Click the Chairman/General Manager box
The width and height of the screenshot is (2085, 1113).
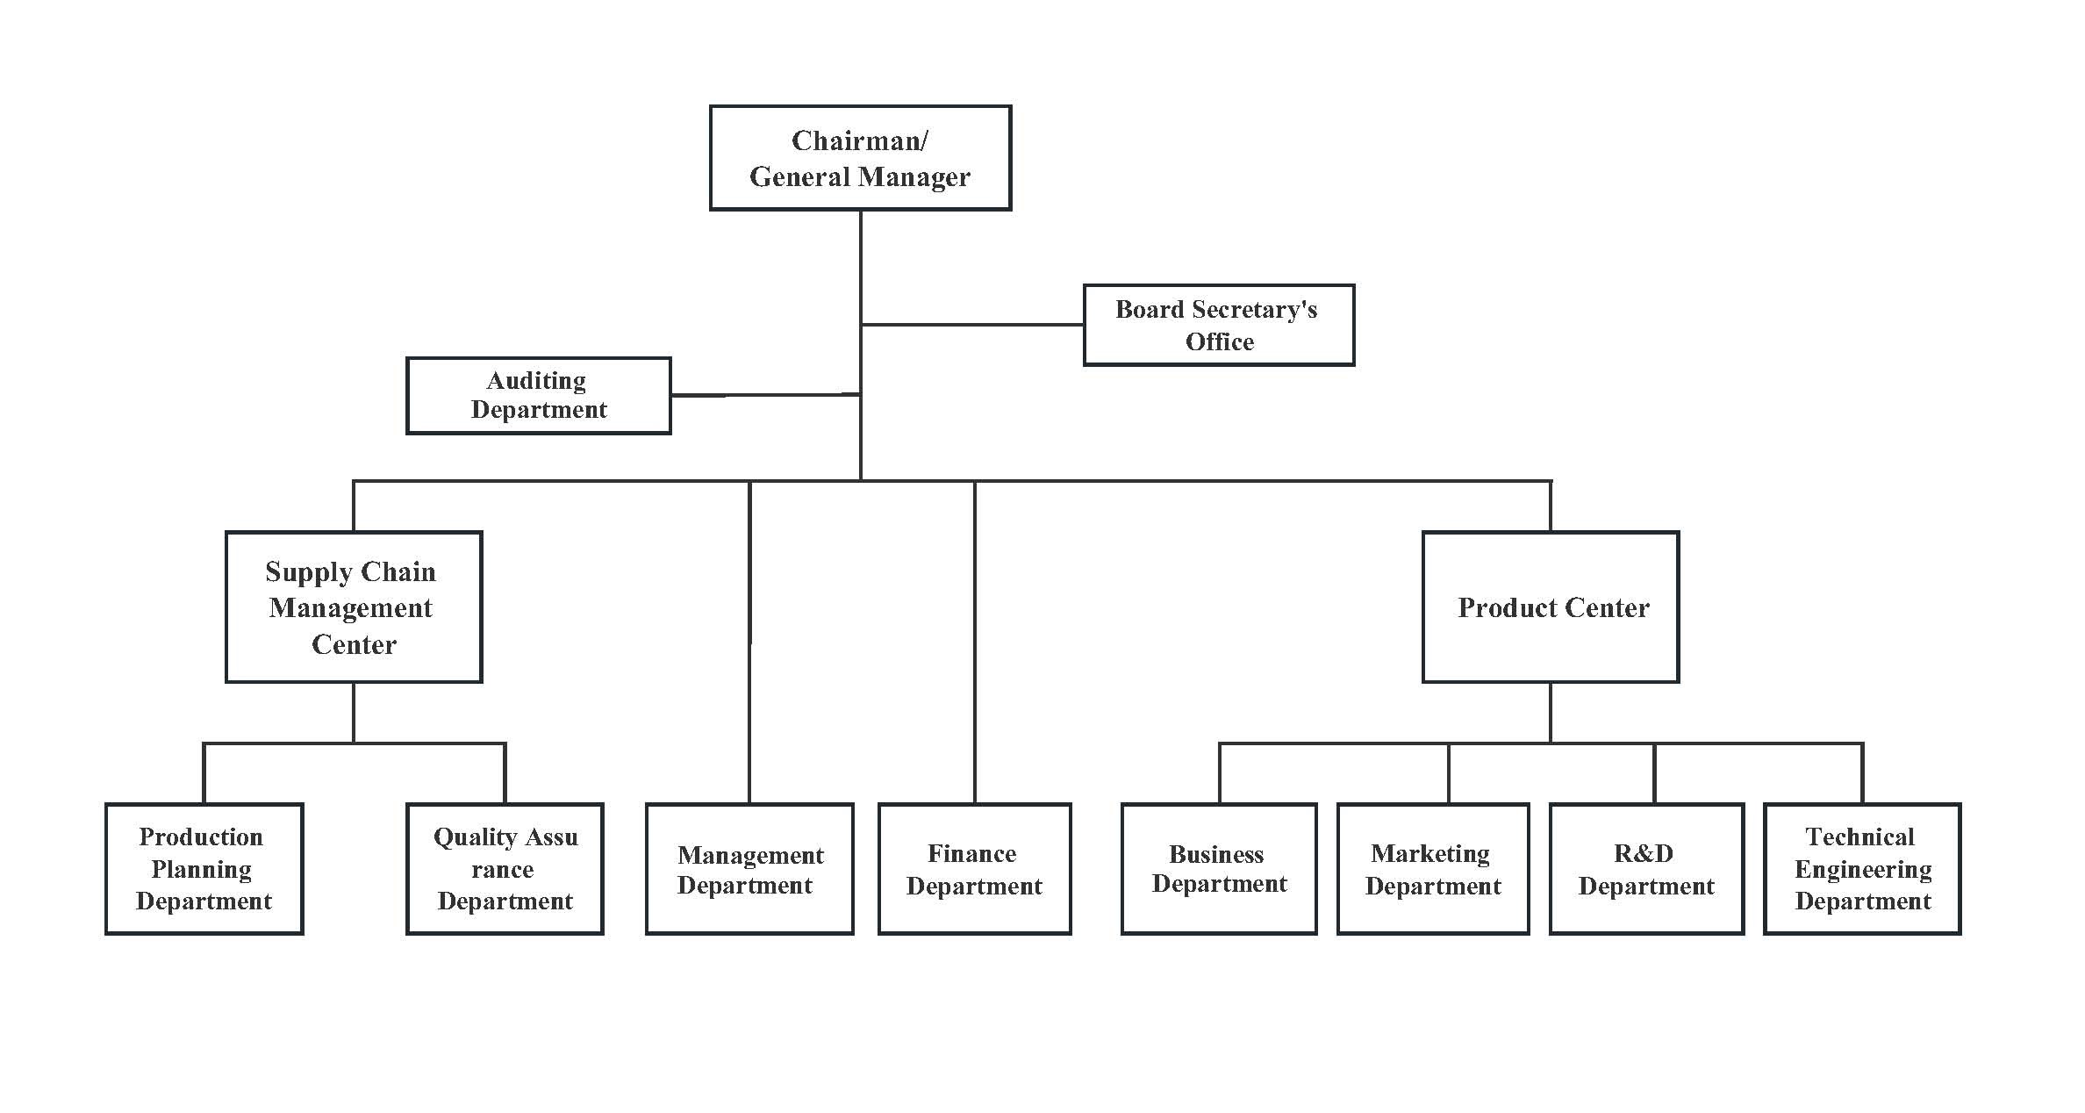(x=860, y=158)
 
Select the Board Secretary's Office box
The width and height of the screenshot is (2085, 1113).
(x=1219, y=325)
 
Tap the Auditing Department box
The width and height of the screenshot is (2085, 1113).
(x=539, y=395)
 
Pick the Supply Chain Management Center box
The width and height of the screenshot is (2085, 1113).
(x=354, y=607)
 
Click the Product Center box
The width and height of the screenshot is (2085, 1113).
(x=1551, y=607)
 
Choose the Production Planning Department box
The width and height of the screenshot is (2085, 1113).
(x=204, y=869)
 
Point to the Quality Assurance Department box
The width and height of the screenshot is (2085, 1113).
(x=505, y=869)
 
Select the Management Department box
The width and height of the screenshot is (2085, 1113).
(x=749, y=869)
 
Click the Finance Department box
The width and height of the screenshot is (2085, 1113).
(x=975, y=869)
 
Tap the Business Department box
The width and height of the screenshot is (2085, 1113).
(x=1219, y=869)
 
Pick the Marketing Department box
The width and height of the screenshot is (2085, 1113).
(x=1433, y=869)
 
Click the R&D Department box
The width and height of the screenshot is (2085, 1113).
(x=1646, y=869)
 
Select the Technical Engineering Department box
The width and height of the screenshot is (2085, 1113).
(x=1862, y=869)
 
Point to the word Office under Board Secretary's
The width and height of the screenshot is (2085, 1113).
(x=1220, y=341)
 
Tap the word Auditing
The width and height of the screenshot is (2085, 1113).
(x=536, y=381)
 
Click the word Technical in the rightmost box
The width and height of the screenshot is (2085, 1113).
(x=1859, y=837)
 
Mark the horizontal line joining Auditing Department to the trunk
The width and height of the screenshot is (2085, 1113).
(x=765, y=395)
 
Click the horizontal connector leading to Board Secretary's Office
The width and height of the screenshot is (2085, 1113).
(x=972, y=325)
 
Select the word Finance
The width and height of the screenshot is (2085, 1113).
(x=972, y=853)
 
